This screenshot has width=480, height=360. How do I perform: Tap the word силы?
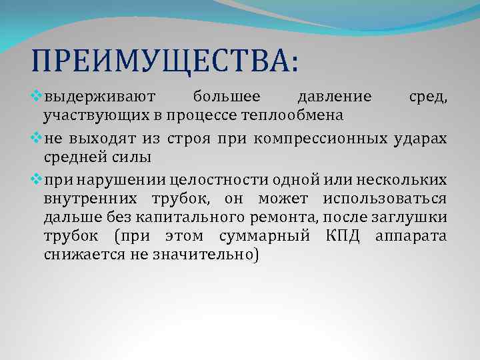(136, 157)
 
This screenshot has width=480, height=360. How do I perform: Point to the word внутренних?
(91, 199)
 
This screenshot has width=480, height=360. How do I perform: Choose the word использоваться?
(385, 199)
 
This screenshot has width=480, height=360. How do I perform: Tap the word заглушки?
(414, 217)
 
